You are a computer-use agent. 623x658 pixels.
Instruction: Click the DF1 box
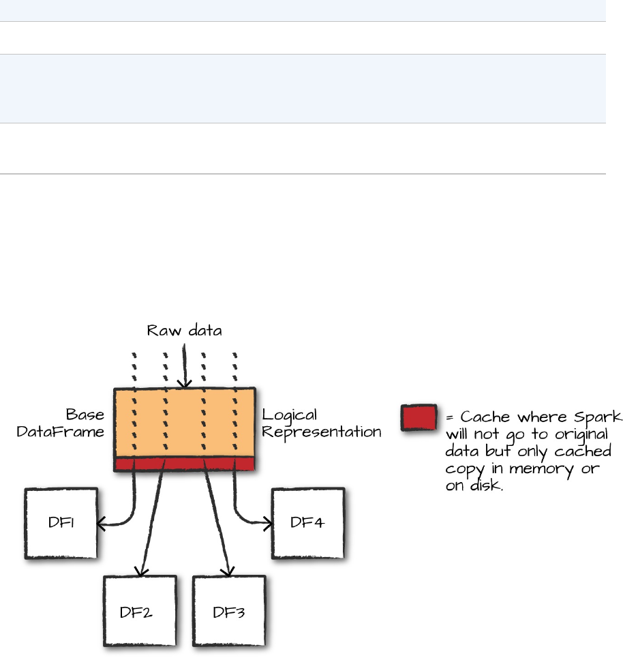60,522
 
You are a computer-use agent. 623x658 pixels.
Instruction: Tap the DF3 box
228,611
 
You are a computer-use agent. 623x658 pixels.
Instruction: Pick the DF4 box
307,522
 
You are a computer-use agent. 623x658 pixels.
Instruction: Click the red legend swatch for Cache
419,417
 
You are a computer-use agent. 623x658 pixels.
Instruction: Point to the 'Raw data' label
184,331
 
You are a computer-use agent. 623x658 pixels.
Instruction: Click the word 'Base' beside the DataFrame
85,415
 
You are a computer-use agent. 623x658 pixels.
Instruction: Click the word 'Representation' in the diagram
321,431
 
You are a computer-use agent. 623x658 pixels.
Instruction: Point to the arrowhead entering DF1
100,524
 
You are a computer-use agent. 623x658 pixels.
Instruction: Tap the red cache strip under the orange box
184,464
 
